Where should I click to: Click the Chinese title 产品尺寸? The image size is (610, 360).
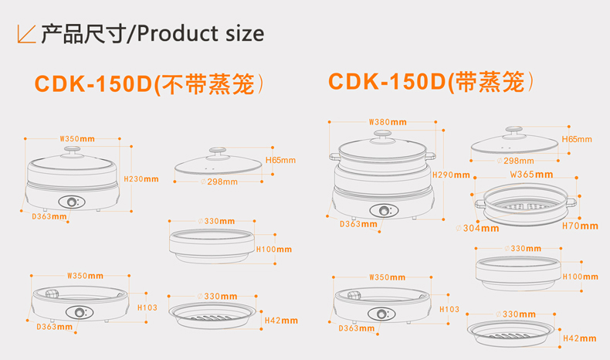coord(83,33)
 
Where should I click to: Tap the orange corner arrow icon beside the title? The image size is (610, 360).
coord(27,34)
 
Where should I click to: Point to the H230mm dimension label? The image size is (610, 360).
coord(142,179)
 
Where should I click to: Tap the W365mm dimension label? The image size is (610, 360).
coord(527,175)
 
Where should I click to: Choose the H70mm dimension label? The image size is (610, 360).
coord(580,226)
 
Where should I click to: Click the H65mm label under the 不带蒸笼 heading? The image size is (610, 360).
coord(280,161)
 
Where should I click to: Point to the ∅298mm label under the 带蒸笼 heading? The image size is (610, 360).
coord(519,161)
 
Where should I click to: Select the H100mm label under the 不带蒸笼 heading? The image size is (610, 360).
coord(274,250)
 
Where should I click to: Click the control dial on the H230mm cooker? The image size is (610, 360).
coord(74,202)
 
